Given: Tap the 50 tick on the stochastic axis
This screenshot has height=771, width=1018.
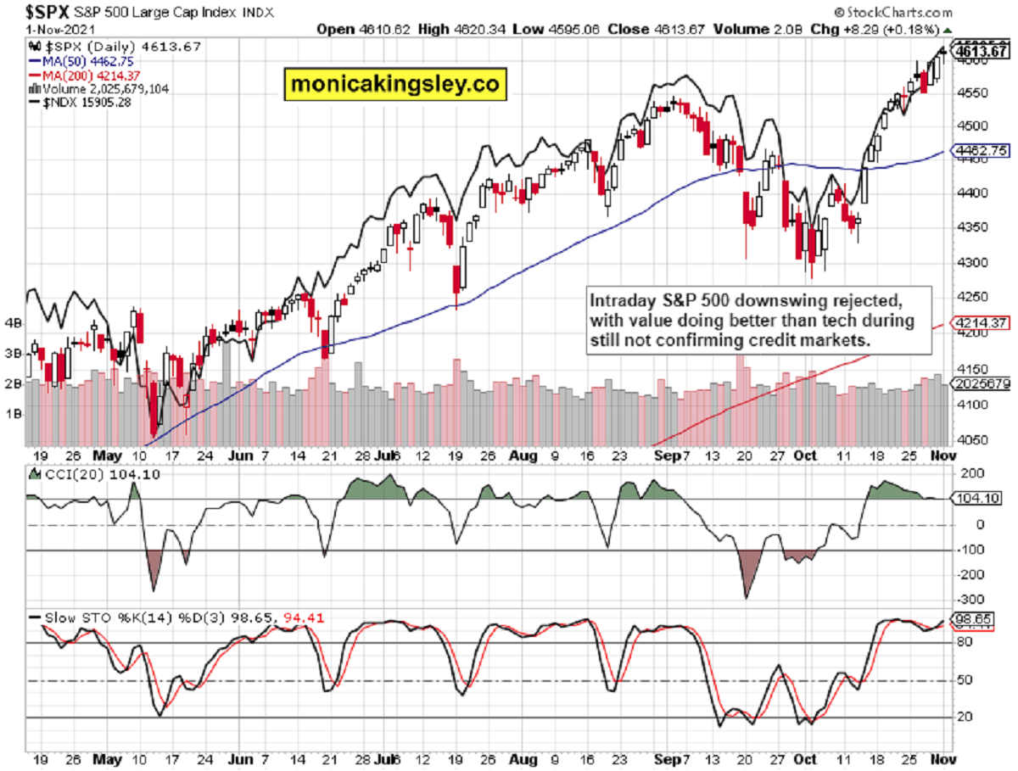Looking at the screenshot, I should pyautogui.click(x=961, y=680).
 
